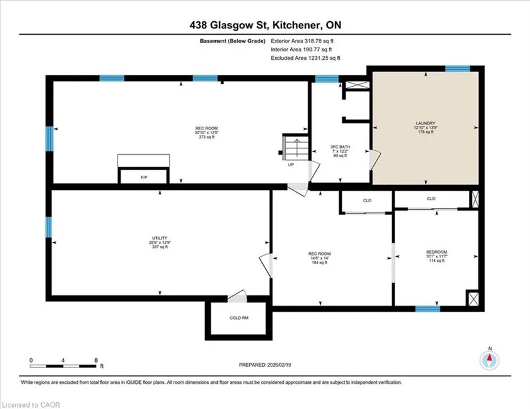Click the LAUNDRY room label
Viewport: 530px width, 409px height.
(x=425, y=123)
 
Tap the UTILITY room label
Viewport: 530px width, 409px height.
(x=159, y=238)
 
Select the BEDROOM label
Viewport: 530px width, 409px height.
(x=436, y=252)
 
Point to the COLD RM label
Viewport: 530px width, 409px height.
(x=239, y=318)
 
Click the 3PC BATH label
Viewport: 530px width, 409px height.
(x=340, y=147)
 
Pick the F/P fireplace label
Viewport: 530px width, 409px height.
(x=144, y=177)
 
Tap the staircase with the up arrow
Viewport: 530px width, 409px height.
(x=296, y=147)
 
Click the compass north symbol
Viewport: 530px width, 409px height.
(x=489, y=360)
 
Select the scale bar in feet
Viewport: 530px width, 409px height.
(x=63, y=366)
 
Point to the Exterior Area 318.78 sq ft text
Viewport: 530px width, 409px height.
(x=302, y=41)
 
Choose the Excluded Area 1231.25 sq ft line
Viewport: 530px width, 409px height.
(x=306, y=58)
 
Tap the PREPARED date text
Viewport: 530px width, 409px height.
(x=265, y=365)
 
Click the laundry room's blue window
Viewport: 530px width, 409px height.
(x=457, y=69)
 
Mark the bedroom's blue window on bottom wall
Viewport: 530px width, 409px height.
(x=428, y=309)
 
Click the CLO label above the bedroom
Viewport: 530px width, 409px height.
(x=431, y=198)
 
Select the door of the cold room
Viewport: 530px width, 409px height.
(x=237, y=296)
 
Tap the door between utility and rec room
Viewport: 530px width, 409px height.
(x=266, y=265)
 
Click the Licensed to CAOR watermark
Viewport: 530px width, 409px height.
(x=31, y=405)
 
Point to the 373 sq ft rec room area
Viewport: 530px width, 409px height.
(x=206, y=137)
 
